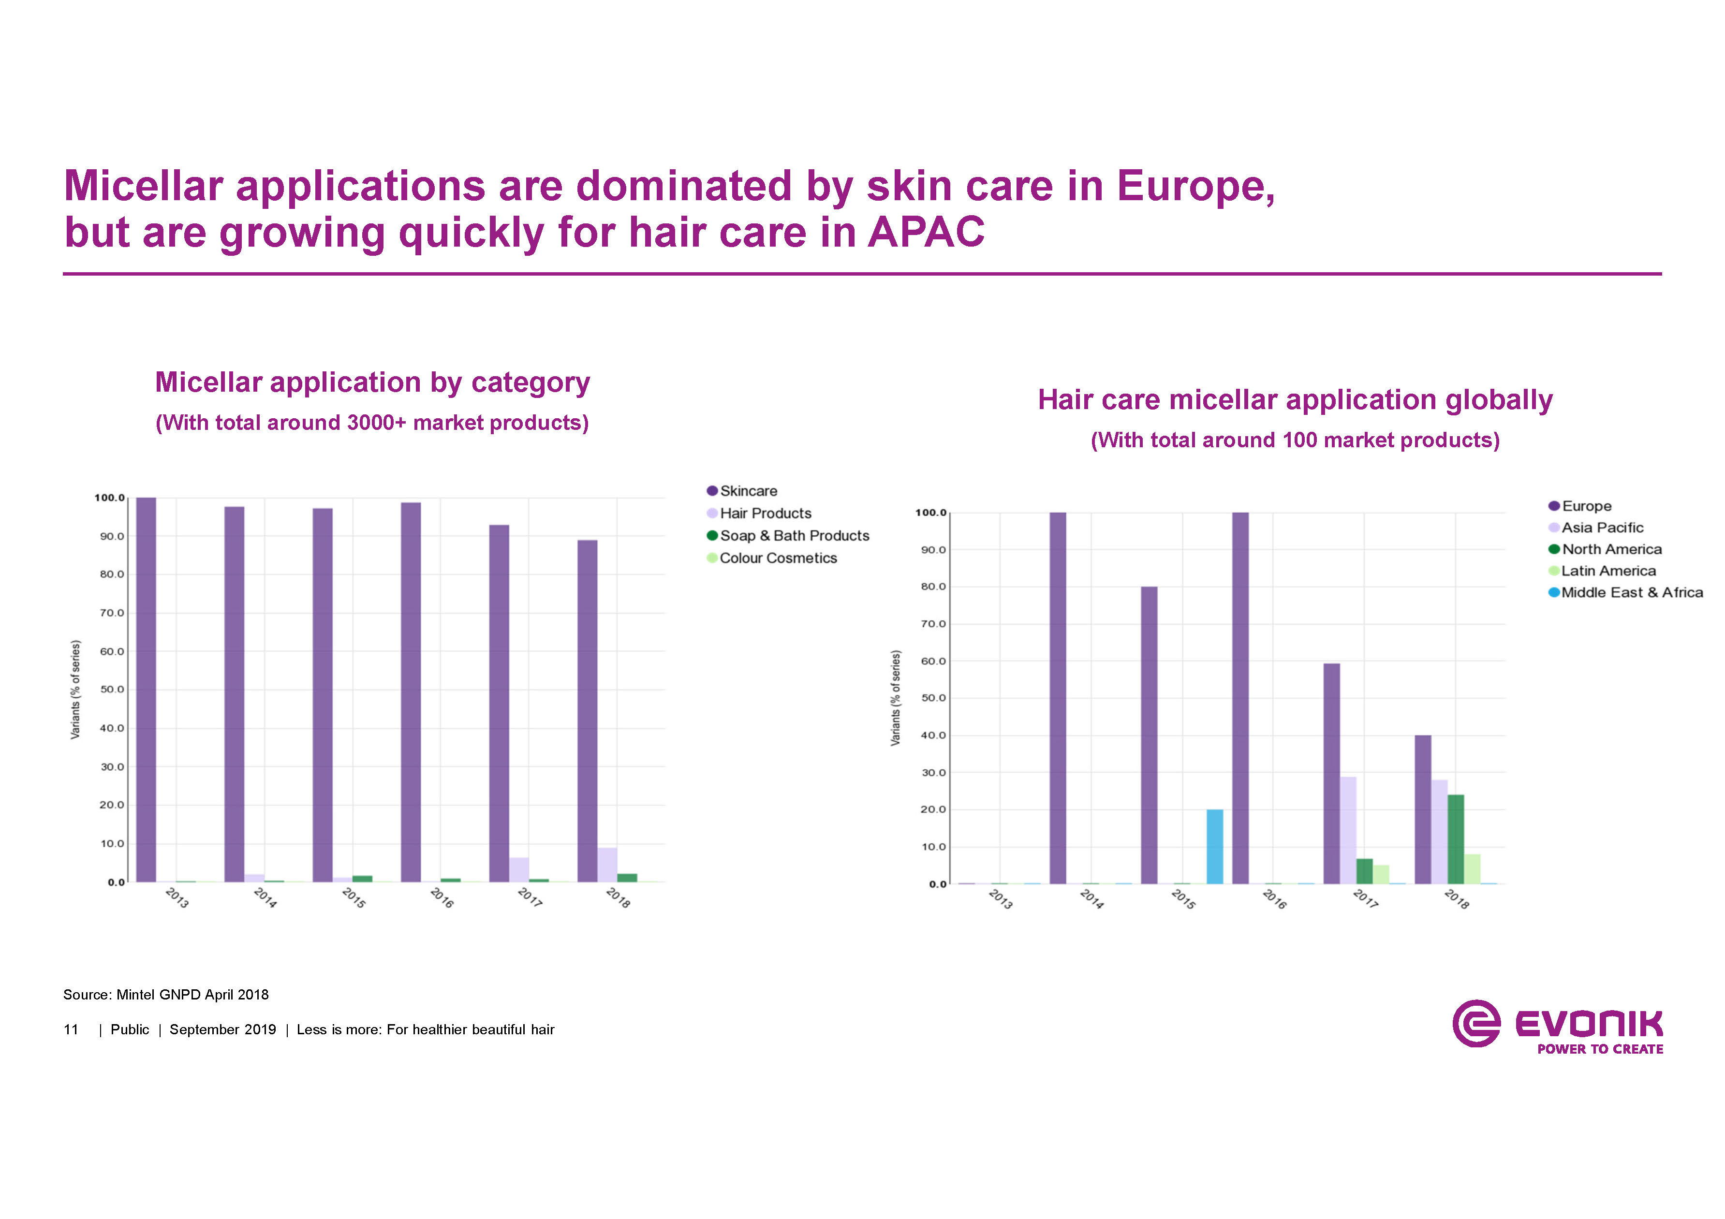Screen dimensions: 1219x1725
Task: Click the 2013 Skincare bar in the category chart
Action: click(x=146, y=690)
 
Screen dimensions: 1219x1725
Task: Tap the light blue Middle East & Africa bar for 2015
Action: click(x=1214, y=847)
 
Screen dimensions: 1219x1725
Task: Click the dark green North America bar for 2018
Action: click(x=1455, y=839)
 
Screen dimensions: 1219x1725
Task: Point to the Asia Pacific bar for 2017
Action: click(x=1348, y=830)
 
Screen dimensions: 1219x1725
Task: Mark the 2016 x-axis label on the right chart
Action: click(x=1274, y=899)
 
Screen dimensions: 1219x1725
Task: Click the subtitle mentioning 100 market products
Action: click(x=1295, y=440)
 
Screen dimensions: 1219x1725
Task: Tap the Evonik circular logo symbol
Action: click(x=1475, y=1023)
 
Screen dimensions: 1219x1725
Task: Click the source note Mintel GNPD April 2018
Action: click(x=166, y=995)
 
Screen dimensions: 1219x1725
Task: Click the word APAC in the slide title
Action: click(x=926, y=232)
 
